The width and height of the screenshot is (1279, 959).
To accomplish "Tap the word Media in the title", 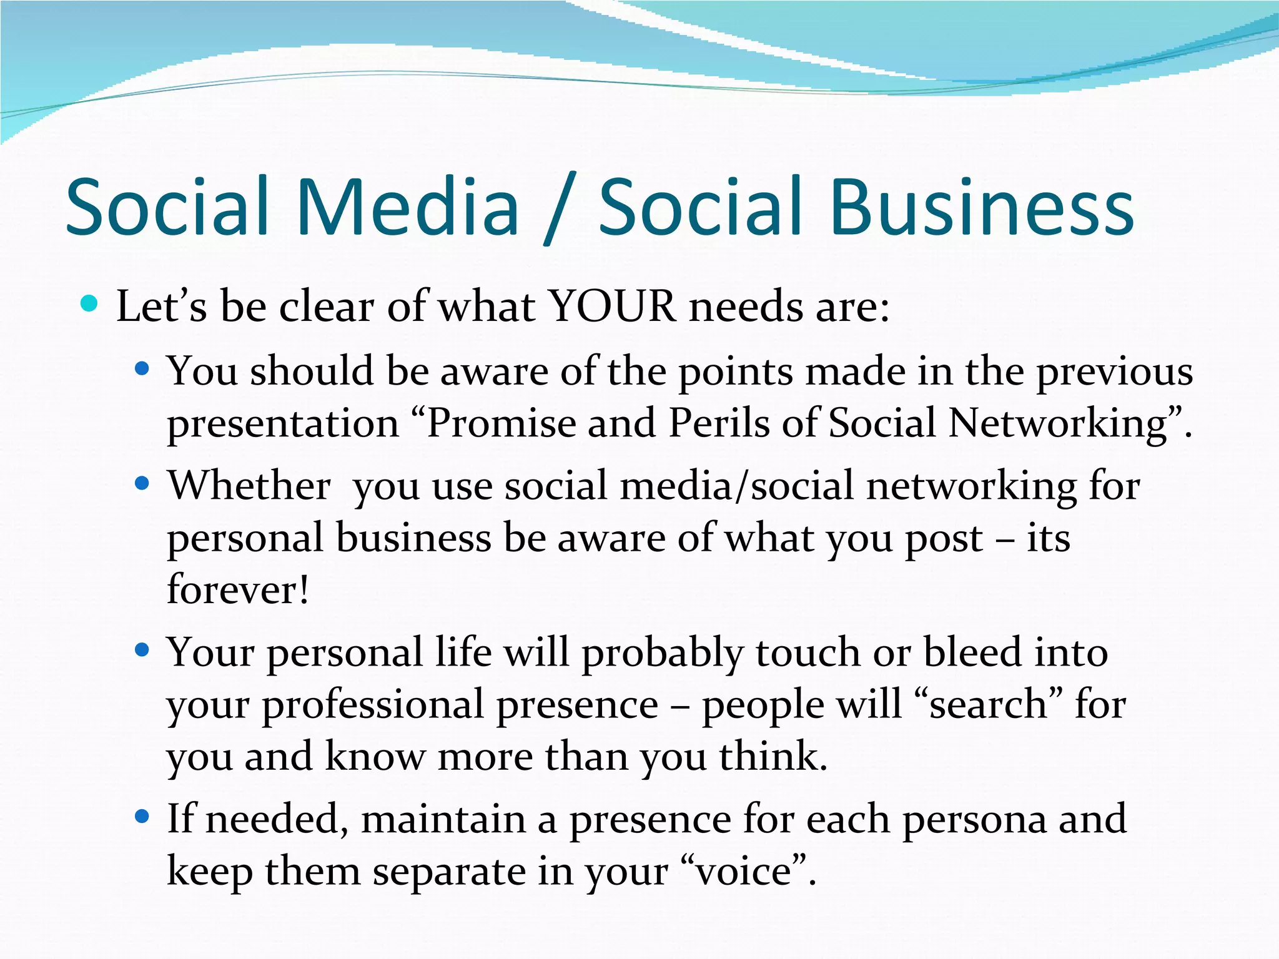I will tap(408, 207).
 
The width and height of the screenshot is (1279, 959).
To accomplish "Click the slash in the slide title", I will tap(559, 209).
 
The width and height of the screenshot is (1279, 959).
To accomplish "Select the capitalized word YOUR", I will tap(612, 307).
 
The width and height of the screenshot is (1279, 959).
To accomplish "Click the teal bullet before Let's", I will tap(89, 304).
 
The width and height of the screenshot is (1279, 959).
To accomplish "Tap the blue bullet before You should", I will tap(142, 369).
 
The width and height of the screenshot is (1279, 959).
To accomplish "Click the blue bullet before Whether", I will tap(142, 483).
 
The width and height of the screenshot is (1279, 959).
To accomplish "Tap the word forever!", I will tap(238, 589).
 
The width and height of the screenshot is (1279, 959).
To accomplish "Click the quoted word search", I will tap(987, 704).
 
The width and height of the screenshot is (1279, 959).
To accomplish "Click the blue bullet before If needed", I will tap(142, 816).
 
